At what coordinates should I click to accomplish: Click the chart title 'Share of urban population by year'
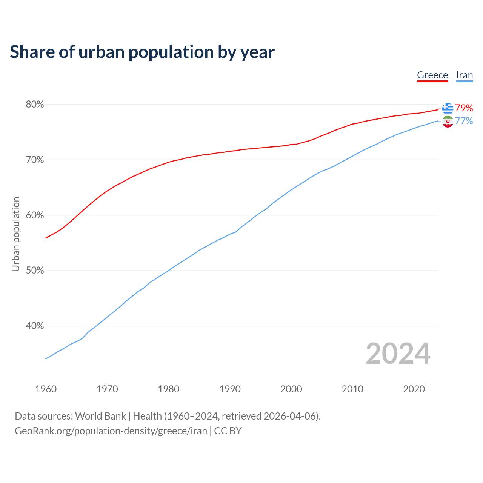(x=142, y=52)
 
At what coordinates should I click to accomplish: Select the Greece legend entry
(x=432, y=75)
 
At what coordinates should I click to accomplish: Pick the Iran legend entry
(x=464, y=75)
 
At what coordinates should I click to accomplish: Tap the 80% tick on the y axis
(x=35, y=105)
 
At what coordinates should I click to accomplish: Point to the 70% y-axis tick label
(x=35, y=160)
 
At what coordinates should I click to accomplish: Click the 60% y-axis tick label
(x=35, y=215)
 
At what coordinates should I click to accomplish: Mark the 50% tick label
(x=35, y=271)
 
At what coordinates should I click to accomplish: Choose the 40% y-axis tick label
(x=35, y=326)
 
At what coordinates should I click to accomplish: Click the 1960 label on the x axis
(x=46, y=389)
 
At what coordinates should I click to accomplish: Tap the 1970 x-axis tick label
(x=107, y=389)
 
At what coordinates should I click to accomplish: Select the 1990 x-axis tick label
(x=230, y=389)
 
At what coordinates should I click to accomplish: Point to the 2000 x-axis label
(x=291, y=389)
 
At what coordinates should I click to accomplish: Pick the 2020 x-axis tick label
(x=414, y=389)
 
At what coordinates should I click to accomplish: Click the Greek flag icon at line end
(x=448, y=108)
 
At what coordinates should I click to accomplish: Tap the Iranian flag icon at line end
(x=448, y=122)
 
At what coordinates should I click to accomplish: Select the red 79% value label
(x=464, y=108)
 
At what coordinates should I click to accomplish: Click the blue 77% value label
(x=464, y=121)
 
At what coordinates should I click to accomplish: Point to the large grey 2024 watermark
(x=398, y=354)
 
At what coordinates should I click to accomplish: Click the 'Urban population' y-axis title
(x=16, y=234)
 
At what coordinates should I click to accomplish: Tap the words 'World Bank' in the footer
(x=100, y=416)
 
